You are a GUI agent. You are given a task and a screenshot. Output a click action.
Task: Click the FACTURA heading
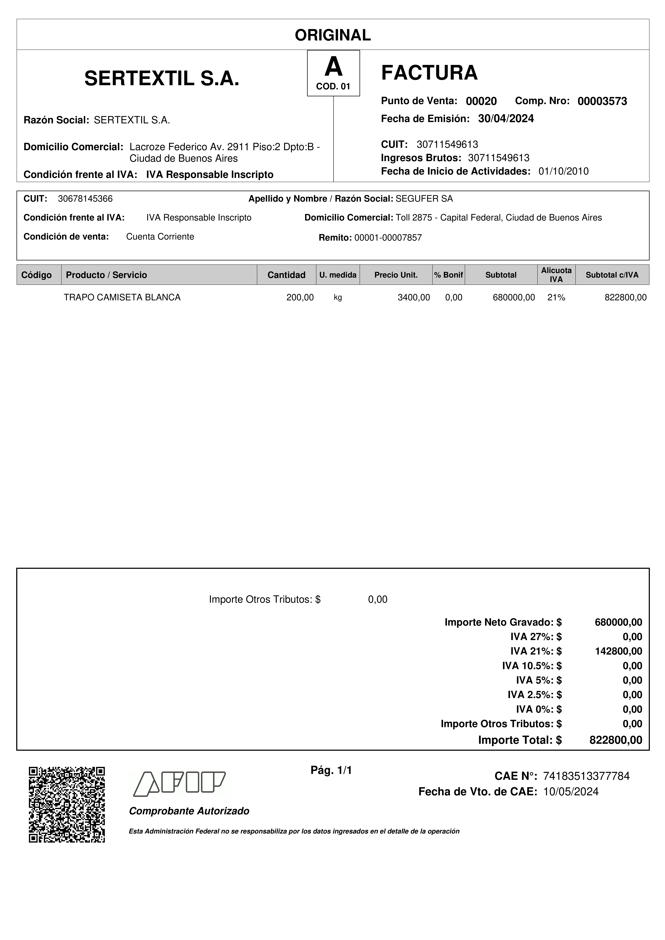[x=429, y=73]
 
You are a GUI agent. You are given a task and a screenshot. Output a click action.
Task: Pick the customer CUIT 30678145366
[x=85, y=199]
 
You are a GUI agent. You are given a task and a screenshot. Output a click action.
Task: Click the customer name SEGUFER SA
[x=424, y=199]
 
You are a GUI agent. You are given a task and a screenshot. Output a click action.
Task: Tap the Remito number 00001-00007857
[x=388, y=238]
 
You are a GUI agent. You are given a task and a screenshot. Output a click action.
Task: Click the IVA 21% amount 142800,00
[x=618, y=651]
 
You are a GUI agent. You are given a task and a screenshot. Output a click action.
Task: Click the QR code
[x=67, y=804]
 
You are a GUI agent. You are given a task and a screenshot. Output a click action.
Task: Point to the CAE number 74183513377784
[x=586, y=776]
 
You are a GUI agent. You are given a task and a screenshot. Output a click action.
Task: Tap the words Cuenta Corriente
[x=160, y=237]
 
